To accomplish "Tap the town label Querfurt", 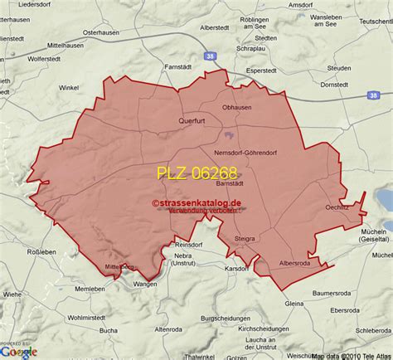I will coord(192,119).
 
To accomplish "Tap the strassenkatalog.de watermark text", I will coord(196,202).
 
